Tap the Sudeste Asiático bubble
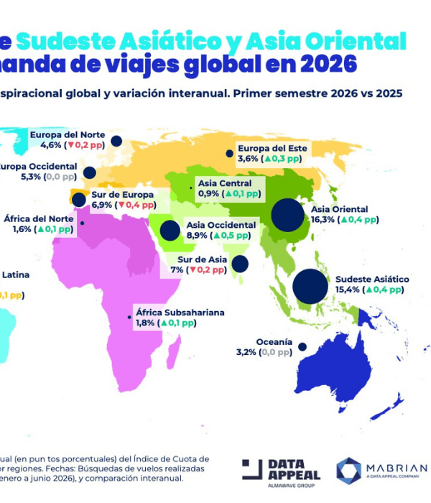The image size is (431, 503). click(x=310, y=285)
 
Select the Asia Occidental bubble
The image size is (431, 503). click(x=170, y=230)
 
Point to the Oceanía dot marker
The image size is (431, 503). click(x=302, y=346)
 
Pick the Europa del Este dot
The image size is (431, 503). click(x=229, y=153)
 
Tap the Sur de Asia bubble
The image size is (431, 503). click(x=242, y=264)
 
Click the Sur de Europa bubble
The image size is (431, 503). click(x=79, y=200)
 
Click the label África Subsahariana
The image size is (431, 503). click(x=180, y=313)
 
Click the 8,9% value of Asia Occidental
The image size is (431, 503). click(x=197, y=235)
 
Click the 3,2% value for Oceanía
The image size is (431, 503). click(x=246, y=352)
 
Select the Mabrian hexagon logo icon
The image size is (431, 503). click(x=349, y=470)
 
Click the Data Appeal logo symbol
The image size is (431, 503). click(x=252, y=469)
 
